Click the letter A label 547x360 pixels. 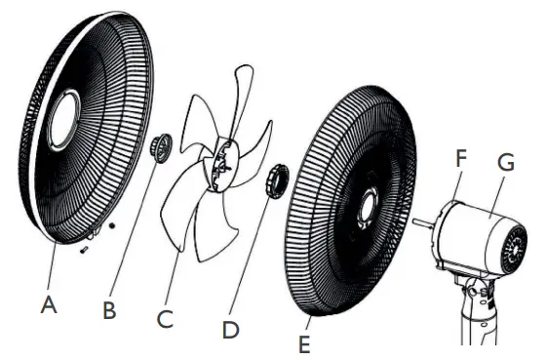point(49,304)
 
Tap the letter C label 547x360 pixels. point(167,319)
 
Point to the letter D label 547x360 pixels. point(230,330)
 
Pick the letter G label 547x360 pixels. point(505,162)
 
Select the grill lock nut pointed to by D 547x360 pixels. point(276,180)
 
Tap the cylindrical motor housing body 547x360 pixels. point(473,234)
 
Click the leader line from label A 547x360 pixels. point(49,268)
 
